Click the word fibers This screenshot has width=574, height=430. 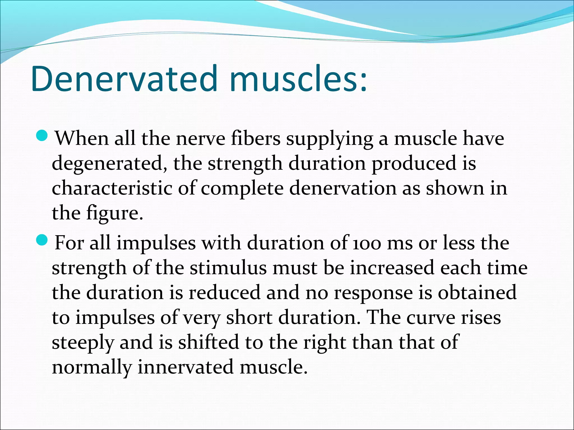255,138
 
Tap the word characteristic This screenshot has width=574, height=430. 112,188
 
